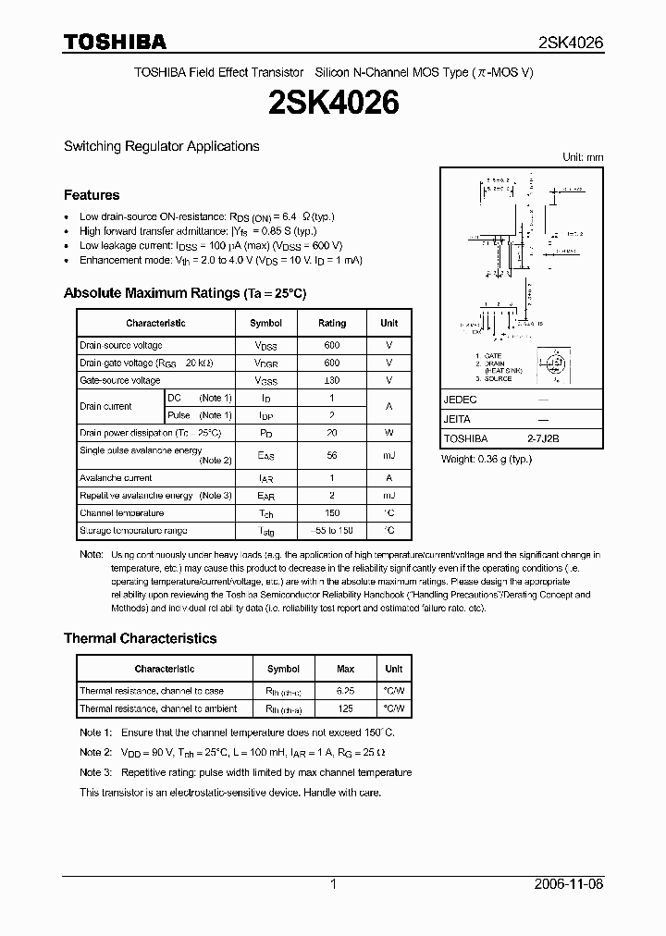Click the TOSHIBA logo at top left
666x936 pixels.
(x=115, y=42)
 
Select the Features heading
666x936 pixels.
(x=92, y=195)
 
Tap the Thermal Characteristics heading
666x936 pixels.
(x=140, y=638)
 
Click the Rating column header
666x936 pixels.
(x=331, y=323)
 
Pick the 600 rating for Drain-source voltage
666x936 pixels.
(x=331, y=345)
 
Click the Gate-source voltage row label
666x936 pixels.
(x=120, y=380)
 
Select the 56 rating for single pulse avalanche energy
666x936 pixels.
(x=331, y=455)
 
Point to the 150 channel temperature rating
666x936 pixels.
(x=331, y=513)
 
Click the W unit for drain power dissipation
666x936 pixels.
(x=388, y=432)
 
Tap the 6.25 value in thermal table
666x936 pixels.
(x=345, y=691)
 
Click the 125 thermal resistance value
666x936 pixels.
(x=345, y=708)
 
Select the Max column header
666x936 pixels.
(x=345, y=669)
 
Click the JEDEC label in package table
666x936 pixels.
(x=460, y=400)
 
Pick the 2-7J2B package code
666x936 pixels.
(x=543, y=439)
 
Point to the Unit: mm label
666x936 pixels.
(x=583, y=157)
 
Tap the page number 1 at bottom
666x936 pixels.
(x=333, y=884)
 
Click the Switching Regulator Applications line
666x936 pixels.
(x=161, y=146)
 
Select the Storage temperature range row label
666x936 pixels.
(x=133, y=531)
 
